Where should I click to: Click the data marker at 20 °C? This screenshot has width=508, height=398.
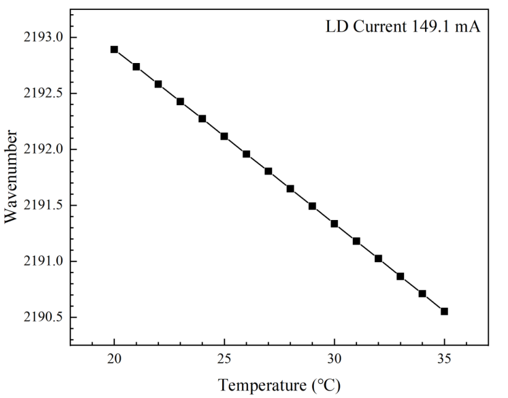pyautogui.click(x=114, y=49)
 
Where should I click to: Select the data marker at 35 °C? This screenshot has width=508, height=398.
pyautogui.click(x=444, y=311)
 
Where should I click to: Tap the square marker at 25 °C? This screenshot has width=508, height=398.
pyautogui.click(x=224, y=136)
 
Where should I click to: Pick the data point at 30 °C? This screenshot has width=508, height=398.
pyautogui.click(x=334, y=224)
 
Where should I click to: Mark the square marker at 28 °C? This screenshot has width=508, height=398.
pyautogui.click(x=290, y=188)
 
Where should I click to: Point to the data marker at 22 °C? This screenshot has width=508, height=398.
pyautogui.click(x=158, y=84)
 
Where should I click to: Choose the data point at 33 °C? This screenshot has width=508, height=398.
pyautogui.click(x=400, y=276)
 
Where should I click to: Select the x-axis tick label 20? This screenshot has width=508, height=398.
pyautogui.click(x=114, y=359)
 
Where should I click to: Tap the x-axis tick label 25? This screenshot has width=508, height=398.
pyautogui.click(x=224, y=359)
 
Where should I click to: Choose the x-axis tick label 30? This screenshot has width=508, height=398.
pyautogui.click(x=334, y=359)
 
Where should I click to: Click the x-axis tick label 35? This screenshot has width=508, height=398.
pyautogui.click(x=444, y=359)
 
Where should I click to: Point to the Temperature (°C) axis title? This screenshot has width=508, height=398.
pyautogui.click(x=279, y=386)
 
